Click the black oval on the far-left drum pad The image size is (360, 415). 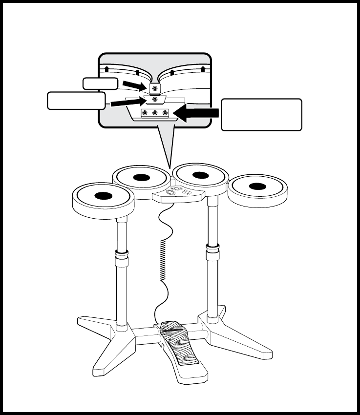pyautogui.click(x=103, y=196)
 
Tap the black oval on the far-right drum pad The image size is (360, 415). pyautogui.click(x=257, y=186)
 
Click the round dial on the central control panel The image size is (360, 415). pyautogui.click(x=171, y=192)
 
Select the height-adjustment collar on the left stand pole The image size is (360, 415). pyautogui.click(x=121, y=254)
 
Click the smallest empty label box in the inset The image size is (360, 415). pyautogui.click(x=100, y=83)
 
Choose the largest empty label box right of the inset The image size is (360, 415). pyautogui.click(x=261, y=115)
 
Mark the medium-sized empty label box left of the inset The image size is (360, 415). pyautogui.click(x=76, y=101)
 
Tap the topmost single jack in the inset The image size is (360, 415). pyautogui.click(x=155, y=89)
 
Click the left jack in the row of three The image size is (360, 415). pyautogui.click(x=145, y=114)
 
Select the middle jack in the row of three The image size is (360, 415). pyautogui.click(x=155, y=114)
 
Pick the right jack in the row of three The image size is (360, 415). pyautogui.click(x=165, y=114)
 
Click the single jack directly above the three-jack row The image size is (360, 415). pyautogui.click(x=155, y=100)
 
